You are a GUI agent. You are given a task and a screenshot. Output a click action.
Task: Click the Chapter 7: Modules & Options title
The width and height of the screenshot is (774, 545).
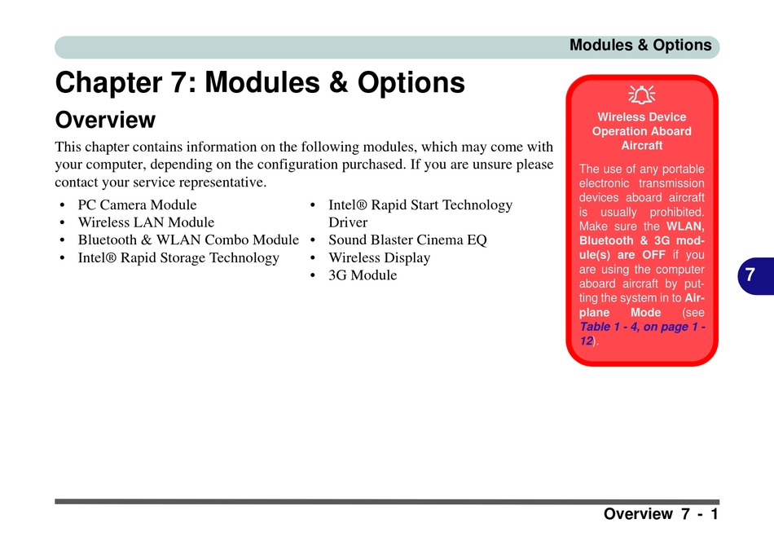(x=260, y=82)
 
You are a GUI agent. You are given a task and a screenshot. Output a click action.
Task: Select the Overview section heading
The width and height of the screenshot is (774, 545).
(x=105, y=120)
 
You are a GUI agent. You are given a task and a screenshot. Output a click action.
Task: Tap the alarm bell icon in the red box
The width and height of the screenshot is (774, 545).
(x=642, y=94)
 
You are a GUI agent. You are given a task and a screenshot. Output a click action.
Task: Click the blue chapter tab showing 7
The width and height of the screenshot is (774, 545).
(x=755, y=275)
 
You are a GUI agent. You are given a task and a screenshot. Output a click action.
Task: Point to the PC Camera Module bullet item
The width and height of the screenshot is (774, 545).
(x=137, y=204)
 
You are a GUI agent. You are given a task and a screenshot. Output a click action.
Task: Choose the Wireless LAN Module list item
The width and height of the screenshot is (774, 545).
(x=146, y=222)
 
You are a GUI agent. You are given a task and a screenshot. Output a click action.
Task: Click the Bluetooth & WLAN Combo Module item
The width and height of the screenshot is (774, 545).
(x=188, y=240)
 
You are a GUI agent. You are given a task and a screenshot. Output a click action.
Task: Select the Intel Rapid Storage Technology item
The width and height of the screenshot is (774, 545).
(x=178, y=257)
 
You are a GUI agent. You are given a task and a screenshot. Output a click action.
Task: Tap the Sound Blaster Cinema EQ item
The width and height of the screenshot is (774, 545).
(x=407, y=240)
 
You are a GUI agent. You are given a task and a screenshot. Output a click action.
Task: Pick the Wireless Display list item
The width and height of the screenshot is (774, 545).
(x=380, y=257)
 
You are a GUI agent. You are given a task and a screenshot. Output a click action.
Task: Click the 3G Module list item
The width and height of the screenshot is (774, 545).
(x=363, y=275)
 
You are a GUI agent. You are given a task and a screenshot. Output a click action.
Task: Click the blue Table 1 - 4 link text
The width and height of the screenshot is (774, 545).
(x=642, y=334)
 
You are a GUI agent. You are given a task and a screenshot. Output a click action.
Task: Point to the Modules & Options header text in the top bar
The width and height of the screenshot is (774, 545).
(x=640, y=46)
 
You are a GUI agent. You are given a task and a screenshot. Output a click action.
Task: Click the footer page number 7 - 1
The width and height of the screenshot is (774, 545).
(x=700, y=514)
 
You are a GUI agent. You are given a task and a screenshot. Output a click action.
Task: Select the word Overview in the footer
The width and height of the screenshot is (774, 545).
(x=638, y=514)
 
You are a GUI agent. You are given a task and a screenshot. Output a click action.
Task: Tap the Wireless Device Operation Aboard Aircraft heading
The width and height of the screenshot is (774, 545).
(x=642, y=131)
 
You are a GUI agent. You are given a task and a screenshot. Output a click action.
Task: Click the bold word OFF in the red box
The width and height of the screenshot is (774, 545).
(x=653, y=255)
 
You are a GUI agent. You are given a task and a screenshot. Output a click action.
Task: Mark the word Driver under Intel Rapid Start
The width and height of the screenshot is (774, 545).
(x=348, y=222)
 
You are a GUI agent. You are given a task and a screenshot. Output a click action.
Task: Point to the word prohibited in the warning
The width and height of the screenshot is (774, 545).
(x=677, y=213)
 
